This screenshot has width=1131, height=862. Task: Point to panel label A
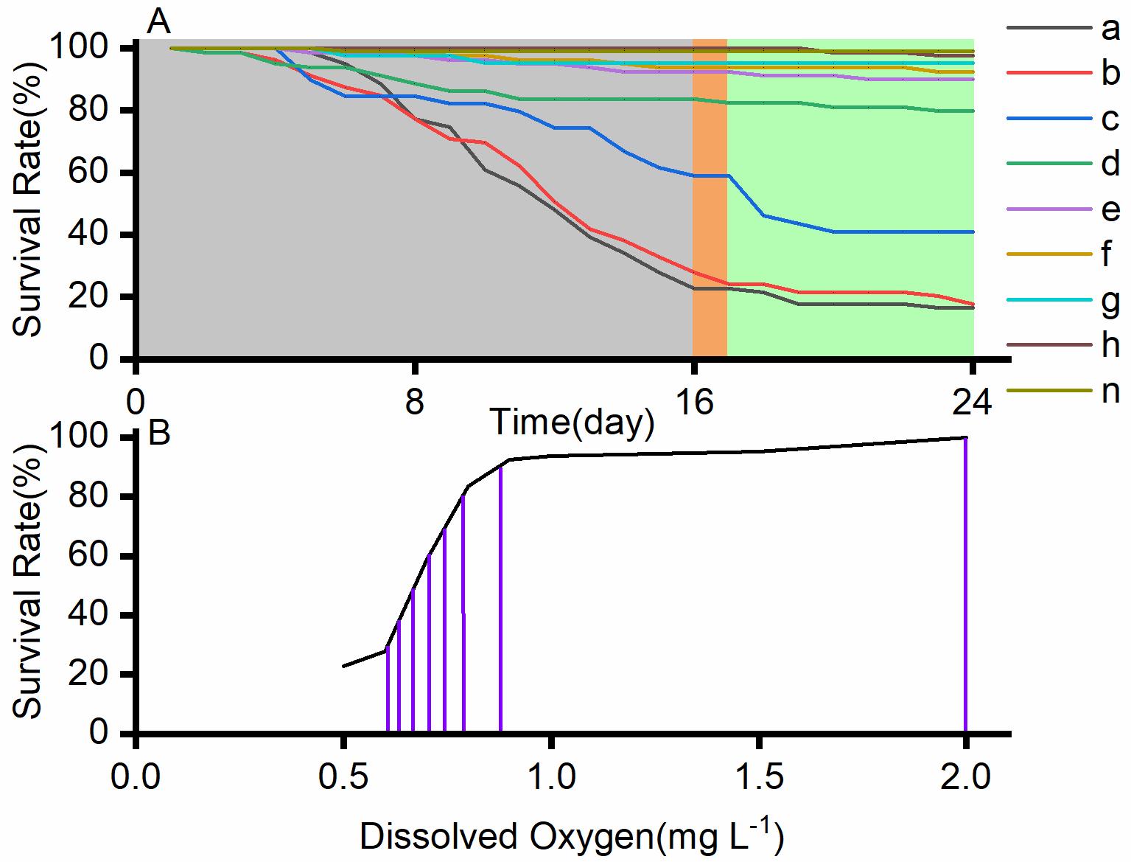(x=158, y=22)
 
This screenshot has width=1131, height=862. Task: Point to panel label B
(x=159, y=434)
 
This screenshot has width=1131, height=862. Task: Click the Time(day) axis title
(x=572, y=423)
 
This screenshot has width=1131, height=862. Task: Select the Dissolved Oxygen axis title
(x=572, y=836)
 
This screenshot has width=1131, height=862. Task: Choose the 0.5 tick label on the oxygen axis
(x=343, y=777)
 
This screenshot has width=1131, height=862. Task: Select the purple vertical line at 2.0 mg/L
(x=965, y=590)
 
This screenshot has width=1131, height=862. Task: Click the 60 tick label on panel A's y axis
(x=98, y=173)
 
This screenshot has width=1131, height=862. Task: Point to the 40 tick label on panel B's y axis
(x=98, y=615)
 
